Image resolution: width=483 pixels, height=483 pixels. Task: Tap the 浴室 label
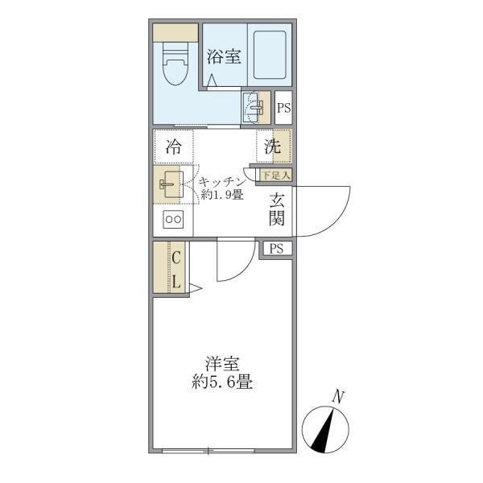pos(223,56)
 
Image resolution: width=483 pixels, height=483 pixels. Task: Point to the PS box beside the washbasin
pos(283,106)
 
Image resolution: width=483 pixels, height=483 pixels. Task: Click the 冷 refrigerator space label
pos(173,147)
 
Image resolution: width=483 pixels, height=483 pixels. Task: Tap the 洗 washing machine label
pos(273,147)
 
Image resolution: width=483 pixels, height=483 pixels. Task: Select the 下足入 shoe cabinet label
pos(276,174)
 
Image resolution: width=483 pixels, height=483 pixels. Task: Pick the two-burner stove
pos(173,220)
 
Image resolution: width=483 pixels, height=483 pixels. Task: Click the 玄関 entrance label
pos(276,209)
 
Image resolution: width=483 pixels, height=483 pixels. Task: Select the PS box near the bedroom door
pos(276,248)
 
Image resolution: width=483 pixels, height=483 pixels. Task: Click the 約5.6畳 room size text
pos(222,383)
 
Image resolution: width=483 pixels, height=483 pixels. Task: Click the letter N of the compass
pos(339,395)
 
